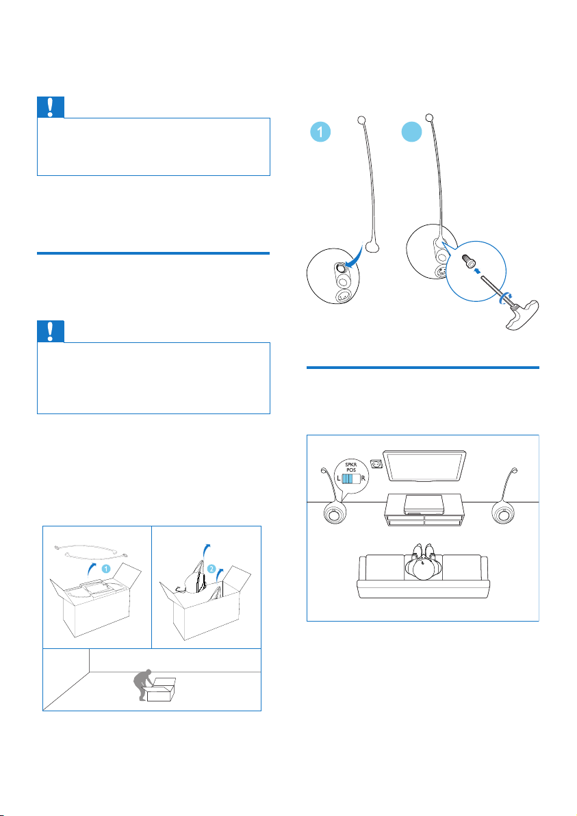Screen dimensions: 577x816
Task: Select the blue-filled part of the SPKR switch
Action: pyautogui.click(x=349, y=479)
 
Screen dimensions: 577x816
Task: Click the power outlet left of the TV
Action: pyautogui.click(x=375, y=464)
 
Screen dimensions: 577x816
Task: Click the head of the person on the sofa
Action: pyautogui.click(x=422, y=568)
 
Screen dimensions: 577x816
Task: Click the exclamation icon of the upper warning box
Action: pyautogui.click(x=51, y=107)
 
